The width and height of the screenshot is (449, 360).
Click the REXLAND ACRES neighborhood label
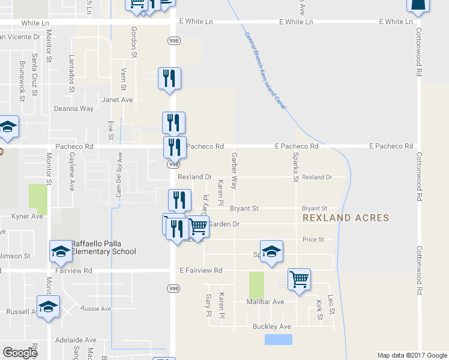[x=346, y=218]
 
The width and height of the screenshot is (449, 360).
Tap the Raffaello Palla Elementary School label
[x=104, y=247]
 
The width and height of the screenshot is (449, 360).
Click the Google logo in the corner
[x=20, y=353]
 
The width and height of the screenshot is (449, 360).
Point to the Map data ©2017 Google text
[x=412, y=355]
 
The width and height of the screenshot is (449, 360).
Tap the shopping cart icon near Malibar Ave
[x=299, y=279]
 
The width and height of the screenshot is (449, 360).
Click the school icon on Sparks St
[x=271, y=251]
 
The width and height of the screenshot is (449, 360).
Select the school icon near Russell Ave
[x=48, y=307]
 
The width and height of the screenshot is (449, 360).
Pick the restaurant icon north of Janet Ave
[x=169, y=78]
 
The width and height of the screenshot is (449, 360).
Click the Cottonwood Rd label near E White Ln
[x=418, y=55]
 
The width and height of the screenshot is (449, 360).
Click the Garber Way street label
[x=234, y=170]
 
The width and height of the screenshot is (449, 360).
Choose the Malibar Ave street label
[x=265, y=302]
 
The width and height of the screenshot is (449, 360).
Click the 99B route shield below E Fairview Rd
[x=172, y=288]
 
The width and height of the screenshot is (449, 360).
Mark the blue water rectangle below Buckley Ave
[x=279, y=340]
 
